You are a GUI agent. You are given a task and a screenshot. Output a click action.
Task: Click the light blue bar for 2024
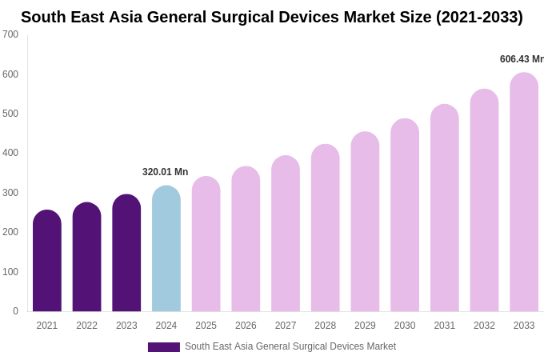166,250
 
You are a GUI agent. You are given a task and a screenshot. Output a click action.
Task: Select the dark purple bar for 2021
47,262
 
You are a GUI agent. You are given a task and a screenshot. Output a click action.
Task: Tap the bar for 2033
524,193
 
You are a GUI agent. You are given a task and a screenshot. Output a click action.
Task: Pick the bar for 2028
326,229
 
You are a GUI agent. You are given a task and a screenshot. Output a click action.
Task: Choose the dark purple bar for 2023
126,254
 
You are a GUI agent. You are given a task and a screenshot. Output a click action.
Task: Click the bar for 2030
405,216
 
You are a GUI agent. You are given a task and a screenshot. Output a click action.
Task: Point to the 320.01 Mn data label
165,172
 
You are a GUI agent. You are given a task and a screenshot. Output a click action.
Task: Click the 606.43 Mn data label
521,59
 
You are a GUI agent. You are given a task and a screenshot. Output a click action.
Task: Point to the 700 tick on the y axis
10,34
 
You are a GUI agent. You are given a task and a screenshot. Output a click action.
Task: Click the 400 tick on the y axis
10,153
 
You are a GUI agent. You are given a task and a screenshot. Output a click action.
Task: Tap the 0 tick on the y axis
15,311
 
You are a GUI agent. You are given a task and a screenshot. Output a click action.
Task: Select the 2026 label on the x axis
246,326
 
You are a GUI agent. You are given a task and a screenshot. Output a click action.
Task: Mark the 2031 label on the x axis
445,326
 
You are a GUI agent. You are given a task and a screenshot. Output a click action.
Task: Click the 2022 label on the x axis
86,326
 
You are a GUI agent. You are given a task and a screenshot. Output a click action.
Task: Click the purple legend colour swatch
164,347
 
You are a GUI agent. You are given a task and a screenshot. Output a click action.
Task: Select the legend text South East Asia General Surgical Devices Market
290,346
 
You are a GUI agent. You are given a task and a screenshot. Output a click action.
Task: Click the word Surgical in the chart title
265,17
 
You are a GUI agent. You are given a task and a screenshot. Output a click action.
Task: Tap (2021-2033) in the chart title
479,17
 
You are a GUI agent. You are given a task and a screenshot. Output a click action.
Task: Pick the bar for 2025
206,245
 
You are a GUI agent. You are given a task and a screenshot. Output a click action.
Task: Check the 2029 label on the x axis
365,326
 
